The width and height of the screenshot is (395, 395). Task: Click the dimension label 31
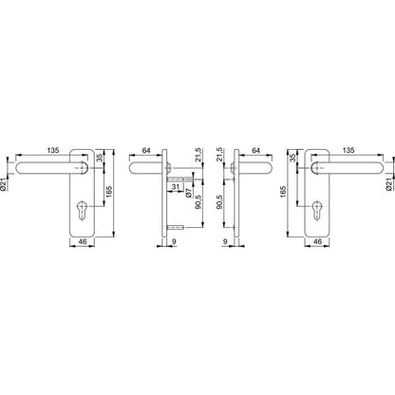(x=175, y=187)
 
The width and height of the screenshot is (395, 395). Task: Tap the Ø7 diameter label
(x=188, y=193)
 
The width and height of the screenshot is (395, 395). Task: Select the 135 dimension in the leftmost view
(x=53, y=150)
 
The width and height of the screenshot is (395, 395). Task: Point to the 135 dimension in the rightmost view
(x=348, y=150)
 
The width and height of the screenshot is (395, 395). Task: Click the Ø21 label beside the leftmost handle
(x=4, y=184)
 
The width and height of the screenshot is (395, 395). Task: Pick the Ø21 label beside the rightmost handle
(x=389, y=184)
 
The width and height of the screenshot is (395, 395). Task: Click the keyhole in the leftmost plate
(x=82, y=209)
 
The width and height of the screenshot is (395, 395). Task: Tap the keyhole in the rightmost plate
(x=317, y=209)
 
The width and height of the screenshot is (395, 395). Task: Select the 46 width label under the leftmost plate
(x=83, y=241)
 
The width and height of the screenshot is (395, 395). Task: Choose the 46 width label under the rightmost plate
(x=317, y=241)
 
